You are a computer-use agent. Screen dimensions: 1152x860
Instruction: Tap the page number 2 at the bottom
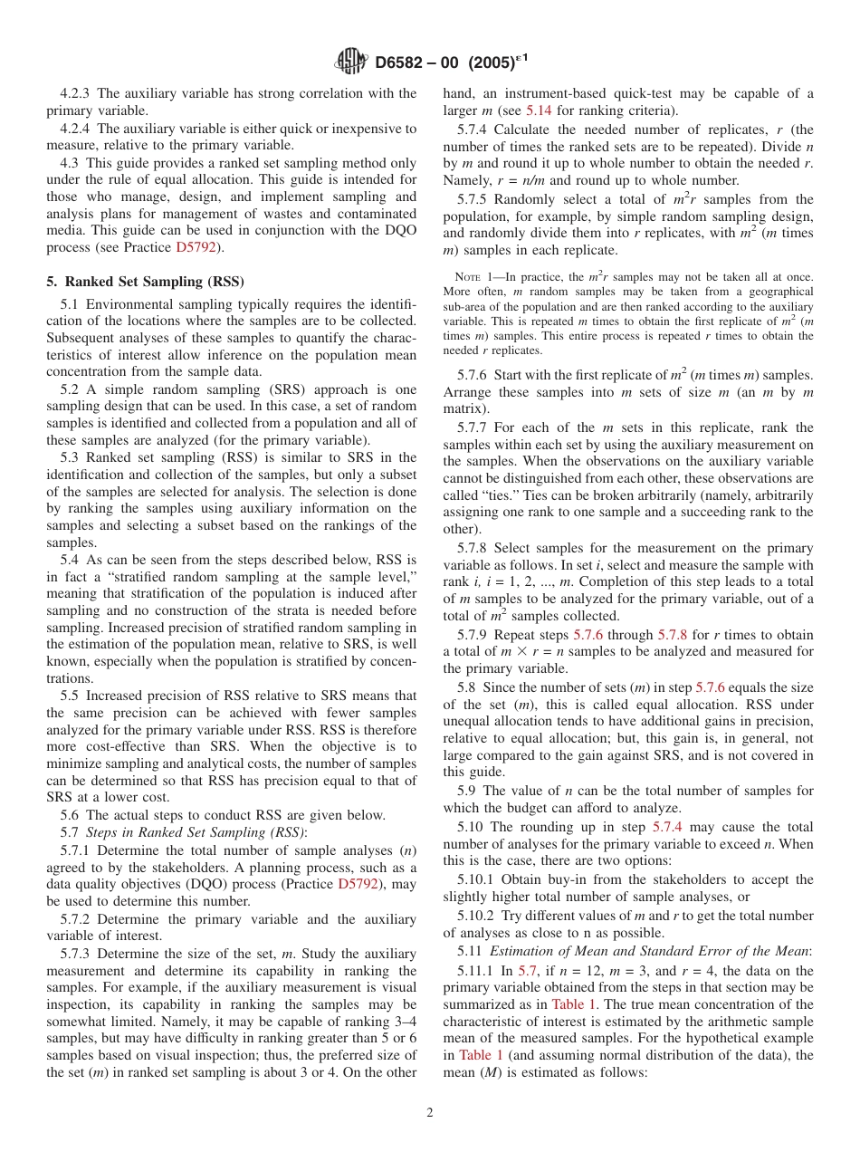click(x=430, y=1113)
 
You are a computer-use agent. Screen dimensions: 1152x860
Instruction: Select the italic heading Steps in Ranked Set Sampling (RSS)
click(x=196, y=832)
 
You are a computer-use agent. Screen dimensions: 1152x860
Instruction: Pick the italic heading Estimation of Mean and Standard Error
click(x=648, y=951)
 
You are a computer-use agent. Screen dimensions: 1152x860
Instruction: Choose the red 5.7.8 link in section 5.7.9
click(x=674, y=635)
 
